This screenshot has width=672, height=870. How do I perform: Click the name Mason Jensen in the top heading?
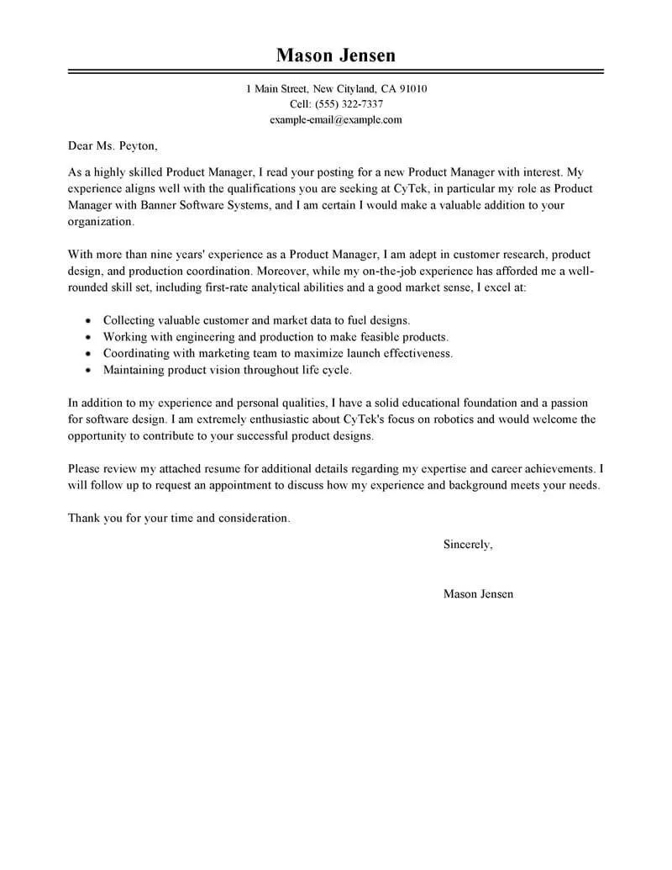(335, 55)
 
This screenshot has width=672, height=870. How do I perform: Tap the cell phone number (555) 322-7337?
(348, 104)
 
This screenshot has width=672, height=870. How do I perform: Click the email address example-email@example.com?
(335, 119)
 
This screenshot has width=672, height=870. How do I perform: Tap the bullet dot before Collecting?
(89, 321)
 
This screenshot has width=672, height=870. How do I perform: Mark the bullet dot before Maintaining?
(89, 371)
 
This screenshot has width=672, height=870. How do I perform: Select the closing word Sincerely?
(467, 545)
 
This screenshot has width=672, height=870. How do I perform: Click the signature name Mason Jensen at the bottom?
(478, 593)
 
